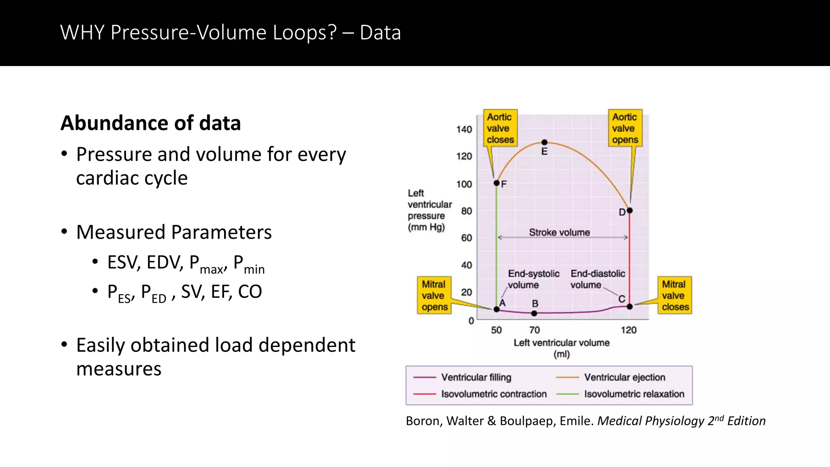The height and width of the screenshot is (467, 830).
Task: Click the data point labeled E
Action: click(544, 142)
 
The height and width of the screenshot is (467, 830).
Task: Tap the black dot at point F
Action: click(496, 183)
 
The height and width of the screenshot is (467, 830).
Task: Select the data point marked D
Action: click(629, 210)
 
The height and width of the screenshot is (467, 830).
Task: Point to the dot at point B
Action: click(534, 313)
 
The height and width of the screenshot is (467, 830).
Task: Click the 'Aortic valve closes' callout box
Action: click(500, 128)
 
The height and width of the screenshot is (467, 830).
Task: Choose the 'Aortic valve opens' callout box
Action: click(625, 128)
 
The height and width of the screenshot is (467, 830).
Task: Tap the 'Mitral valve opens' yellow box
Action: click(434, 296)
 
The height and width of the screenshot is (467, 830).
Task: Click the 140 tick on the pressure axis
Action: click(464, 129)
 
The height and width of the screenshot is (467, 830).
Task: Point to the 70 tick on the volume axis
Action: click(534, 330)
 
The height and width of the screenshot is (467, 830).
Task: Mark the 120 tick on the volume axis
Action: click(629, 330)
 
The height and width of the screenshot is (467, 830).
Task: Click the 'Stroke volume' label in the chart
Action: click(559, 232)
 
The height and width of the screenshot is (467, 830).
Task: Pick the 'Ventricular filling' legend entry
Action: click(476, 377)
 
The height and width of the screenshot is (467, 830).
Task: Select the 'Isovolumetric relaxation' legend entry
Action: click(634, 394)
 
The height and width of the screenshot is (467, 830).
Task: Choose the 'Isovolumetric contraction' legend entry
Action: click(494, 394)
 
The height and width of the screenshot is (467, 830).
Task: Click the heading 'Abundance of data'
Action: click(150, 123)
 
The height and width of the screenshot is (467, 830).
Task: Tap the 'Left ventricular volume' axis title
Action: click(561, 343)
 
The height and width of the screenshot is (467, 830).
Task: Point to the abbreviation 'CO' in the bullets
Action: click(250, 292)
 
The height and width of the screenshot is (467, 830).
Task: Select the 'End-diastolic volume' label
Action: click(597, 279)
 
